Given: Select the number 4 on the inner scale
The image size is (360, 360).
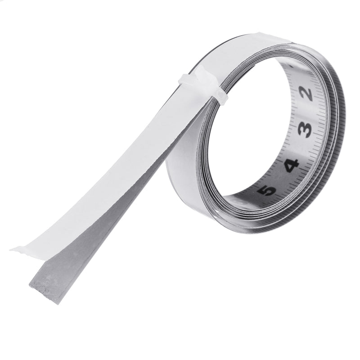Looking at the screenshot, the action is point(291,165).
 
